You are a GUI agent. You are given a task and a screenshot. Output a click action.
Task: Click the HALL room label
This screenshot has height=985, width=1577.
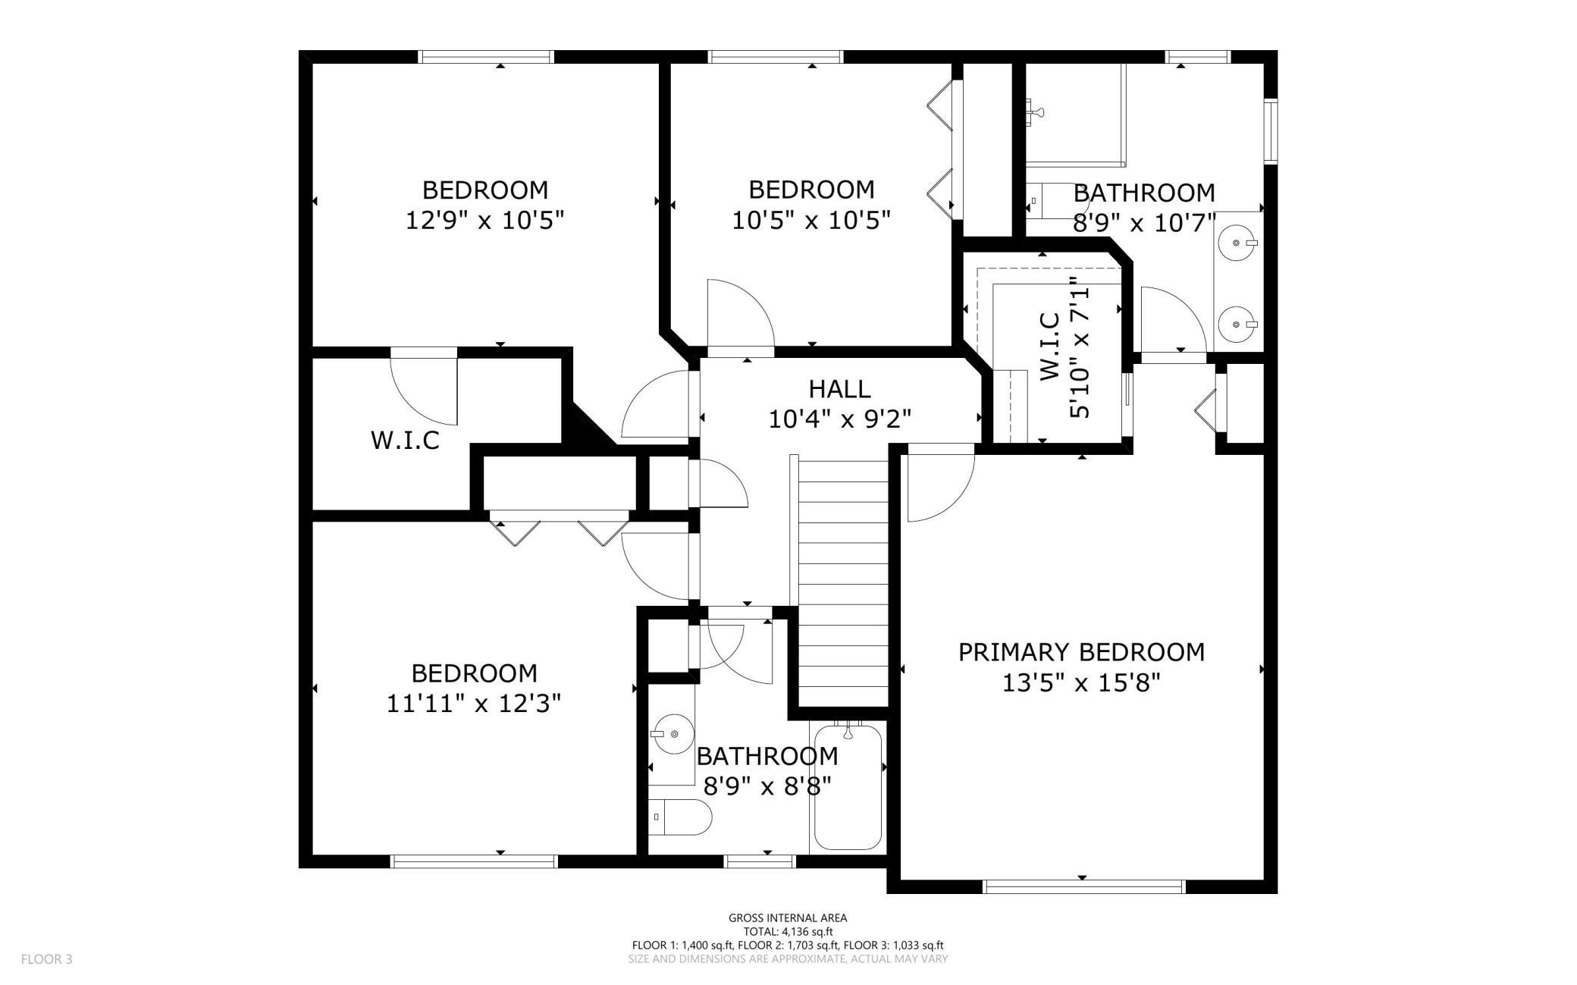point(839,389)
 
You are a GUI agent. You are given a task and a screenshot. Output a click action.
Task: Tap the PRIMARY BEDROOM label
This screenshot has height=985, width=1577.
point(1081,652)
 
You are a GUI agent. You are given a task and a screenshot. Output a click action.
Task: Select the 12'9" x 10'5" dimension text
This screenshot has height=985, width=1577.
point(485,221)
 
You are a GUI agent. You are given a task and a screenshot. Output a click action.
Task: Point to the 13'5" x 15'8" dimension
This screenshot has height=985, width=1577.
point(1081,684)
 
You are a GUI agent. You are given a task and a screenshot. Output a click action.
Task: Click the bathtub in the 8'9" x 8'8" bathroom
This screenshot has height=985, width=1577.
point(848,786)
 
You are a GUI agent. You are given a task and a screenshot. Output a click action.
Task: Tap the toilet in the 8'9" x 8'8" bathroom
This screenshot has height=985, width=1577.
point(681,817)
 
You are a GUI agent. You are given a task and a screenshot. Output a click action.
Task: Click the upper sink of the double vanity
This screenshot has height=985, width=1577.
point(1237,243)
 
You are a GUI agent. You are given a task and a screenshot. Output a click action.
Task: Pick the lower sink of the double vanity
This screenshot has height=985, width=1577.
point(1237,325)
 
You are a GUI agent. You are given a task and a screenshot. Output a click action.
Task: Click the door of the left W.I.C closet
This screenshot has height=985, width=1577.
point(425,387)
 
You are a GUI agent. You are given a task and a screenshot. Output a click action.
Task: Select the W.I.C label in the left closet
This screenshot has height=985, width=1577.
point(405,441)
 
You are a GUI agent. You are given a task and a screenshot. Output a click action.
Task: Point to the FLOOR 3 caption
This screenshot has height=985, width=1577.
point(47,959)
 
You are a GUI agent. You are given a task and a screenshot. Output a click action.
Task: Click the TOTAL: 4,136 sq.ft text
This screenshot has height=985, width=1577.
point(788,932)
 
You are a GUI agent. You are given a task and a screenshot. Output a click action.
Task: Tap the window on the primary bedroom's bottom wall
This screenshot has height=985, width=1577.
point(1083,886)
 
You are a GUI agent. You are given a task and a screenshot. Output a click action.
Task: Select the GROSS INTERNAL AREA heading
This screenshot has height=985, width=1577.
point(788,918)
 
